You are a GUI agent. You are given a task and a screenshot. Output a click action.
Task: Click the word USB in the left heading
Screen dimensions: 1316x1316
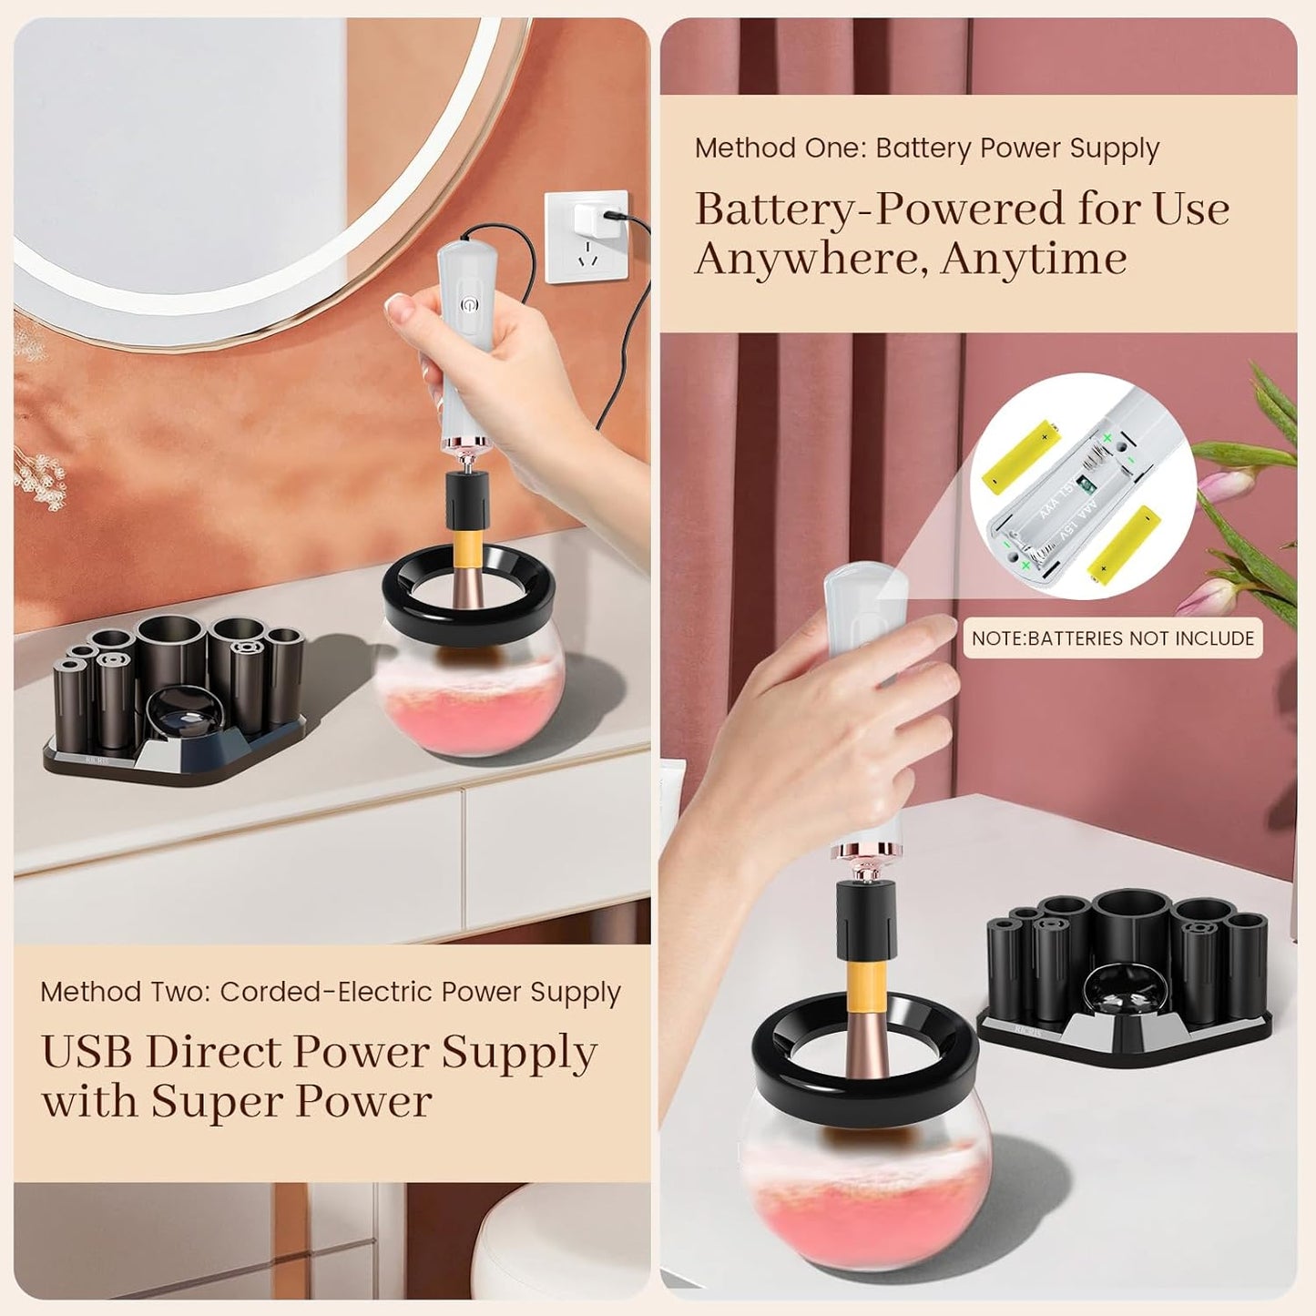pyautogui.click(x=87, y=1054)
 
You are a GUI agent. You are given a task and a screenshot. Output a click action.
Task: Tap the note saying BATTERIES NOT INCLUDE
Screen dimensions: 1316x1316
pyautogui.click(x=1112, y=638)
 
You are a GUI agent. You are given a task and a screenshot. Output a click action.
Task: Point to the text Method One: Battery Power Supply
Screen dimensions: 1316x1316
pyautogui.click(x=926, y=148)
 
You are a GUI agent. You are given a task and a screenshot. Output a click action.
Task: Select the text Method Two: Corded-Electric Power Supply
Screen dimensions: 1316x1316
pyautogui.click(x=330, y=992)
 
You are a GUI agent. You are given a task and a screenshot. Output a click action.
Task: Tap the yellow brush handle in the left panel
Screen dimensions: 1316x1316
pyautogui.click(x=466, y=546)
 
